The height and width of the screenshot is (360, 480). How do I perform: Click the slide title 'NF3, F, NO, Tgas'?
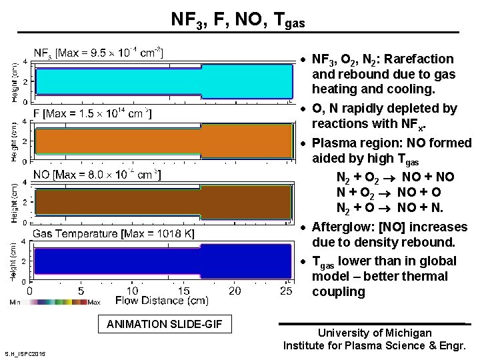[238, 19]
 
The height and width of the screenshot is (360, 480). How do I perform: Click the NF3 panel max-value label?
[98, 52]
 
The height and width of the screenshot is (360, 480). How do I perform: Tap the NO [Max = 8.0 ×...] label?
[97, 175]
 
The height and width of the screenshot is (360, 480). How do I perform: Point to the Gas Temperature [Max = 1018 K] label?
[113, 233]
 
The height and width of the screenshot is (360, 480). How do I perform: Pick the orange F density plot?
[163, 141]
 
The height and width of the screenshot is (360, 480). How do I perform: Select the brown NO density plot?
[163, 201]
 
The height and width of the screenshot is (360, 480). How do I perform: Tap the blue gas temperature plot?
[163, 260]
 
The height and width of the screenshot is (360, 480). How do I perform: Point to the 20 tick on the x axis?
[235, 291]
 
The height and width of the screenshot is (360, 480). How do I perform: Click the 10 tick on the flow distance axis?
[132, 291]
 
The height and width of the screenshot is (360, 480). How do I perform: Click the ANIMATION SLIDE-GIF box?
[165, 325]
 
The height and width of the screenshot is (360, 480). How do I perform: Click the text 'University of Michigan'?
[375, 333]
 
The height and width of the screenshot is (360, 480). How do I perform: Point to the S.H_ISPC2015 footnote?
[25, 353]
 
